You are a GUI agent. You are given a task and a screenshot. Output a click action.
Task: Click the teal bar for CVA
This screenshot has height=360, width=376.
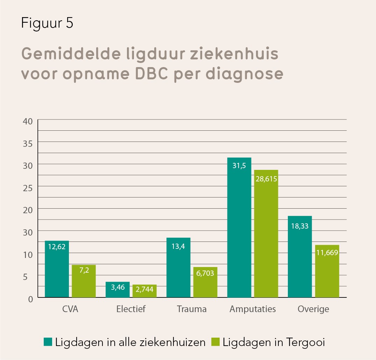tap(57, 269)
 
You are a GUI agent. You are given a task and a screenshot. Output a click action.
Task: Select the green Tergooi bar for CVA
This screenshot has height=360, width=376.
tap(84, 281)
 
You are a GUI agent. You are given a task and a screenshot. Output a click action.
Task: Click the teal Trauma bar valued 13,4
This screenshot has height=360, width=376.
tap(178, 267)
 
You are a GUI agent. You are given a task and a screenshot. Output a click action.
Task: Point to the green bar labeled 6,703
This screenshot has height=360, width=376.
tap(205, 282)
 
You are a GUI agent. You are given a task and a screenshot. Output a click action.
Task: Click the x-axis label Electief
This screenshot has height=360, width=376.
tap(130, 309)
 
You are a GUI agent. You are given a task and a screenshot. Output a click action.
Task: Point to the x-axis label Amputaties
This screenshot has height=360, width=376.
tap(253, 309)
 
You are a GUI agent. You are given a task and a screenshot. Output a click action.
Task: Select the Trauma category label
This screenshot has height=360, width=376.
tap(192, 309)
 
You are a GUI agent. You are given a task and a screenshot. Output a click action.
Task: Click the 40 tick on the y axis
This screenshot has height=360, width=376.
tap(28, 121)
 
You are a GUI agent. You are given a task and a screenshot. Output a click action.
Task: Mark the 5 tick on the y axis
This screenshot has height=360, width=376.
tap(30, 276)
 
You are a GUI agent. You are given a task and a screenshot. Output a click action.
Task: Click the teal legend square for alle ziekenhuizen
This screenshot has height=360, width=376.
tap(48, 342)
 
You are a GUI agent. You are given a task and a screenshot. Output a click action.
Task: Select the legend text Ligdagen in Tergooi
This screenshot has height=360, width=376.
tap(274, 342)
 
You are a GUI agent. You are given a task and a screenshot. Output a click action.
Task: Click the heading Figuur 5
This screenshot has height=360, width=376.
tap(47, 23)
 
